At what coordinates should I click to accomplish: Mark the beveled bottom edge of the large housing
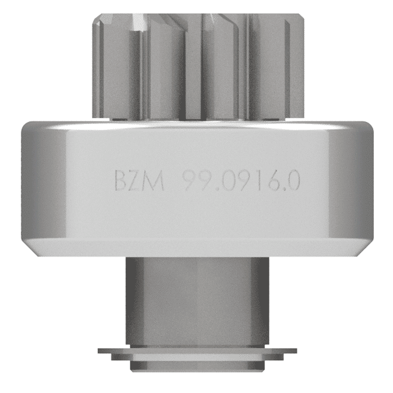(x=196, y=247)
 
